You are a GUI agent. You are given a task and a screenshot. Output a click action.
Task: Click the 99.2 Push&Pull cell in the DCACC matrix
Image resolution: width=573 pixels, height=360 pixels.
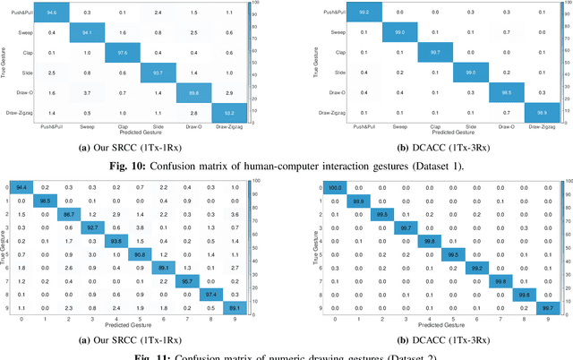pos(363,13)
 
